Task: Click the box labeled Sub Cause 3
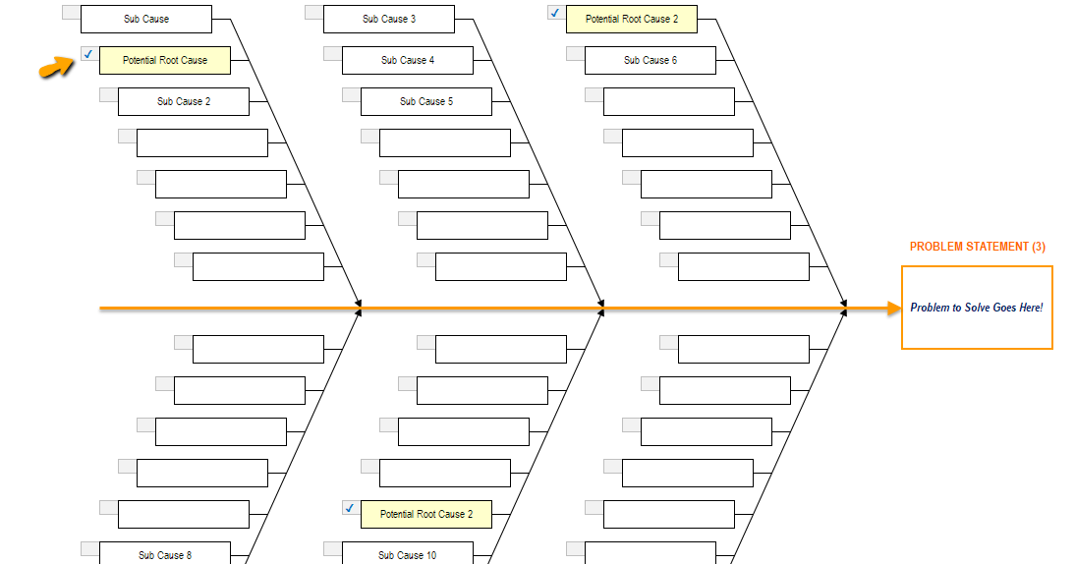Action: pos(388,19)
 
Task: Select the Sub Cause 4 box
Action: pos(407,60)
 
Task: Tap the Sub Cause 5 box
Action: pos(425,101)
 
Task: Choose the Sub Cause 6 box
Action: pos(650,60)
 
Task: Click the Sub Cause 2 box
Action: pos(183,101)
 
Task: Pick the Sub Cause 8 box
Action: pos(164,554)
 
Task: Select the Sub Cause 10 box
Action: pos(407,554)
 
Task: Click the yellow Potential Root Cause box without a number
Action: pos(164,60)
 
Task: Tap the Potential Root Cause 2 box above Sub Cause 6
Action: pos(631,19)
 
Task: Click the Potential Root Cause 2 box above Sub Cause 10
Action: pos(425,514)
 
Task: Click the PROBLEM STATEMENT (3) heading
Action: pos(977,247)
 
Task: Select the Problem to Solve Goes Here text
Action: pos(976,308)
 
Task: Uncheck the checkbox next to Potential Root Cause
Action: pos(89,54)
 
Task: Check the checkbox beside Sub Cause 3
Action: pos(313,12)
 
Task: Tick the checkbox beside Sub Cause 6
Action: pos(575,53)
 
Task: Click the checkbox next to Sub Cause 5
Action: pos(351,94)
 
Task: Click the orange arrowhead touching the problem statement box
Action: pos(893,309)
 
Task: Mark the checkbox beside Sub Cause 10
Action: pos(332,548)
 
